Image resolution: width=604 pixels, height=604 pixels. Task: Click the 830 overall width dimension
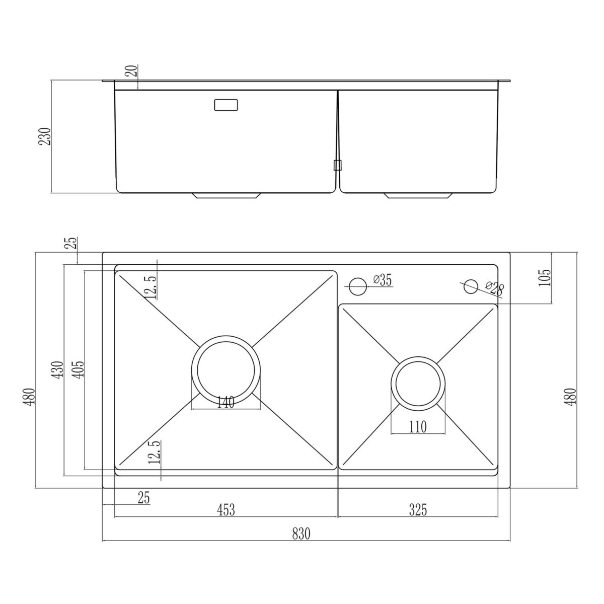pyautogui.click(x=301, y=534)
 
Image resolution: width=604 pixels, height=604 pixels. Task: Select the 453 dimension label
pyautogui.click(x=226, y=510)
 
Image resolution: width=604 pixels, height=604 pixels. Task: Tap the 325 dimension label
pyautogui.click(x=418, y=510)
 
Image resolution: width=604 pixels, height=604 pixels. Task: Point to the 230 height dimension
pyautogui.click(x=44, y=136)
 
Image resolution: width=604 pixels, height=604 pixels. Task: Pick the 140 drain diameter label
pyautogui.click(x=225, y=403)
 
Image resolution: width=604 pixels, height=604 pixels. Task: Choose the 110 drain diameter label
pyautogui.click(x=418, y=427)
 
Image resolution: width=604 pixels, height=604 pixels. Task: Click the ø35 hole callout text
pyautogui.click(x=383, y=280)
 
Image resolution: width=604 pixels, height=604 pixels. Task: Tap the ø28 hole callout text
pyautogui.click(x=495, y=288)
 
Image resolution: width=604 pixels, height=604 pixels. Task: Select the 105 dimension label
pyautogui.click(x=545, y=277)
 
